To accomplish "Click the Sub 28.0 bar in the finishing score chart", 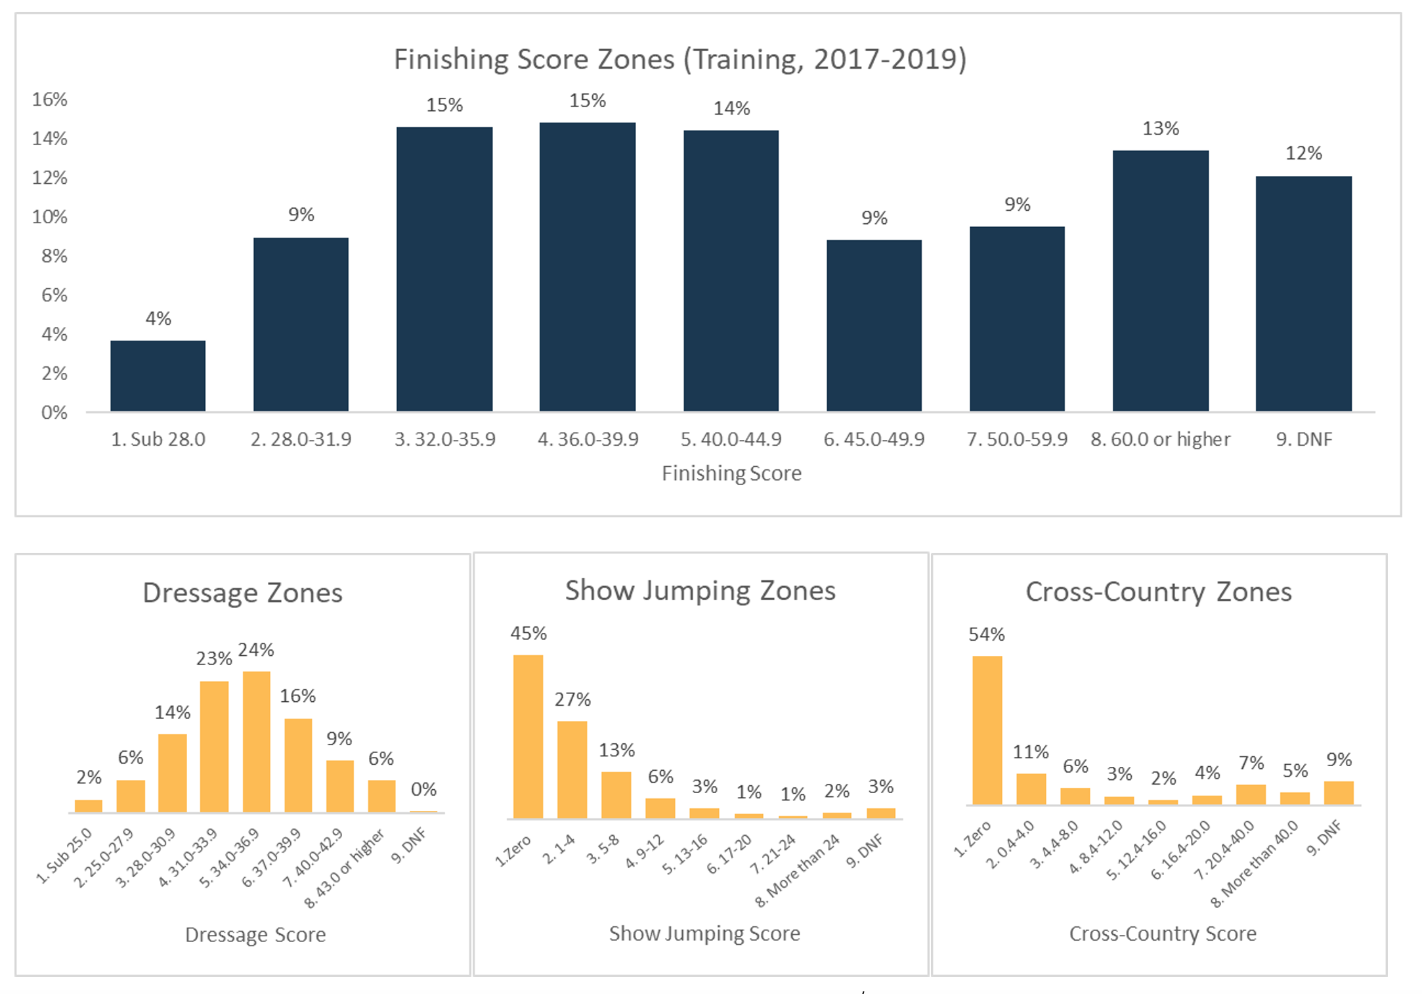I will (158, 376).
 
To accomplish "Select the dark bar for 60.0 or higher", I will (1160, 281).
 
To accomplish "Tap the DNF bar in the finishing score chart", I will (1303, 293).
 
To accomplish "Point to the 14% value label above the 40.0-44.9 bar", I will (731, 108).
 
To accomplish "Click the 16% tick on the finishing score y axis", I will (50, 100).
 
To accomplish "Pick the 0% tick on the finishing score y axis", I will (54, 413).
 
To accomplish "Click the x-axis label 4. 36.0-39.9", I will (588, 439).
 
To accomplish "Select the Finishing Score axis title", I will (731, 473).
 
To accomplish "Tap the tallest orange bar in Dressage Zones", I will (256, 742).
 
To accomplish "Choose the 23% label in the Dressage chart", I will (214, 659).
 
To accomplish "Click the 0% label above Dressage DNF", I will (423, 789).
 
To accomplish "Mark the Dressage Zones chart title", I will (242, 593).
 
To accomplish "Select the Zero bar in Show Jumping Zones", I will (528, 737).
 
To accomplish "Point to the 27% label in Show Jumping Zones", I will (572, 700).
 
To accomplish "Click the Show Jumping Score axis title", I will (704, 934).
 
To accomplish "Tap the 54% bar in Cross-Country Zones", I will (987, 730).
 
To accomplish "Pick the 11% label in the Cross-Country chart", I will (1031, 752).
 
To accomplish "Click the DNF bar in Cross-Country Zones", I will (1339, 793).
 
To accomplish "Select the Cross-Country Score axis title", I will (1163, 934).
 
